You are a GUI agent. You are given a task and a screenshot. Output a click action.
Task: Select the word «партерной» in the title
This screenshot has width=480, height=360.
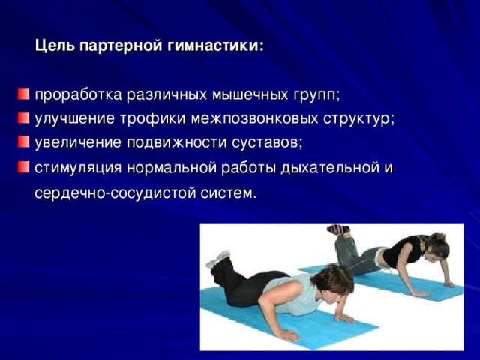click(121, 46)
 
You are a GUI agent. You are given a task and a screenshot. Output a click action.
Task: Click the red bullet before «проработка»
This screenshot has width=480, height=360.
click(23, 94)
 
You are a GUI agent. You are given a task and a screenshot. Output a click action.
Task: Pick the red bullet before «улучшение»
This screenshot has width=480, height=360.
click(23, 118)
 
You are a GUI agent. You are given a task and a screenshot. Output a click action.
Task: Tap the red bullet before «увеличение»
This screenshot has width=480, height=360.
click(23, 142)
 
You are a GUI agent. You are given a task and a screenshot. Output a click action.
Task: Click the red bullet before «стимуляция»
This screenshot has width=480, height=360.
click(23, 167)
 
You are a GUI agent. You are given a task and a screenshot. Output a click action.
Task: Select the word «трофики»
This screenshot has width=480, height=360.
click(152, 118)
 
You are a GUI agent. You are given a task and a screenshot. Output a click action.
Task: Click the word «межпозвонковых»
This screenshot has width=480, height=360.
click(255, 118)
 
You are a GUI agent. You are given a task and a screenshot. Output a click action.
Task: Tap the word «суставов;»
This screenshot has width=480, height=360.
click(267, 143)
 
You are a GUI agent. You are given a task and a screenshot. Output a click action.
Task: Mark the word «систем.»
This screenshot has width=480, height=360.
click(228, 193)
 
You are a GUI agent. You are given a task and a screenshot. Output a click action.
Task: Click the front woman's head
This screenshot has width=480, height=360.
click(332, 282)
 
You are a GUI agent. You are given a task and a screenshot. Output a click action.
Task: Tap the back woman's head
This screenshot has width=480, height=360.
click(437, 245)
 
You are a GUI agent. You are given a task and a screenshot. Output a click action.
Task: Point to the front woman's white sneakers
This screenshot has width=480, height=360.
click(218, 259)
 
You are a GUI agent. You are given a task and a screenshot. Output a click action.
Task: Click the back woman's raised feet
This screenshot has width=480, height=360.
click(338, 229)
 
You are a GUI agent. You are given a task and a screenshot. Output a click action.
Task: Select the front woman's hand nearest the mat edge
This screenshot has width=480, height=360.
click(287, 335)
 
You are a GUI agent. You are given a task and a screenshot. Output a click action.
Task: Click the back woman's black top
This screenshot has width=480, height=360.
click(403, 250)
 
